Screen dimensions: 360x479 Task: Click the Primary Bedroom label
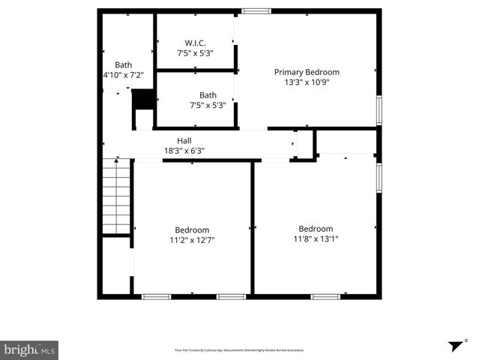306,72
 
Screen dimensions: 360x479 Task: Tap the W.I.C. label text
196,42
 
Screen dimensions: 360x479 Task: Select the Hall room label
184,140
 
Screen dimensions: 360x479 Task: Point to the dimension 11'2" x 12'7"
192,240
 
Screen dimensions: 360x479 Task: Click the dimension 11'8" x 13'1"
316,239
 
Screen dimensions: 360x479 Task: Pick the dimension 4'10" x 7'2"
123,75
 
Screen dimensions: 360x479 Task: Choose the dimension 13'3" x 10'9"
306,82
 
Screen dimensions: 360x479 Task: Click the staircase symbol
117,196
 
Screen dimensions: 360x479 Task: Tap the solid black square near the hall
142,100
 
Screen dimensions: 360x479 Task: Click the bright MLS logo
29,349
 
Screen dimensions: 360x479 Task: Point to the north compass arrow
456,346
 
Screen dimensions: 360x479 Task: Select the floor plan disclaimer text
239,350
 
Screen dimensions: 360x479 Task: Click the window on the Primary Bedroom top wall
256,10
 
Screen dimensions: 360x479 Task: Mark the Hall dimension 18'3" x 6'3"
184,151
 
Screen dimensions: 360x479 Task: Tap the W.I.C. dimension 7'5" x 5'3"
196,52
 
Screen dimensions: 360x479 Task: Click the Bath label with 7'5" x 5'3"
208,94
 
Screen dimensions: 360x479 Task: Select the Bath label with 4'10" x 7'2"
123,64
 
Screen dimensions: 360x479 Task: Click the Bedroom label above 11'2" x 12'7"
192,229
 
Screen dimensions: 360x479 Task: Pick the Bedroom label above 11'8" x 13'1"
316,229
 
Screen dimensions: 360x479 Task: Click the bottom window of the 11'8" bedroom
326,296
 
